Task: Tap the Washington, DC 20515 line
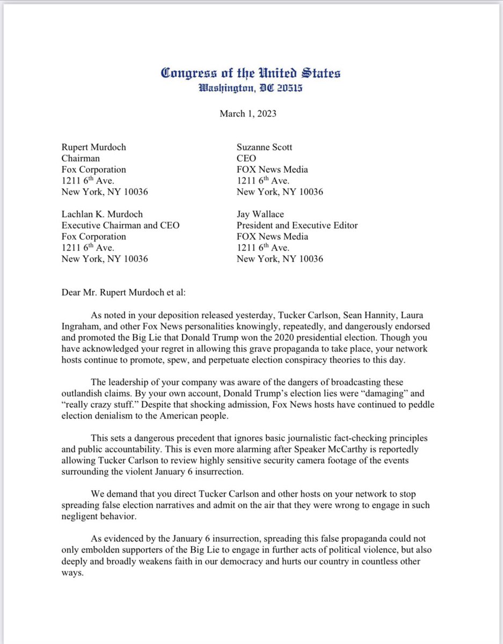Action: click(x=251, y=87)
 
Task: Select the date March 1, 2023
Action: click(x=251, y=113)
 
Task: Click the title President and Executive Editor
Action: click(x=297, y=225)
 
